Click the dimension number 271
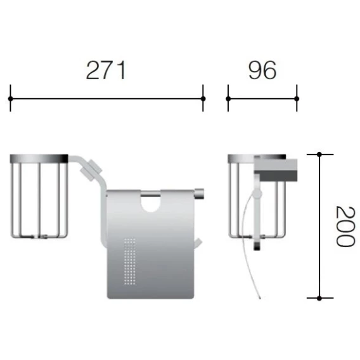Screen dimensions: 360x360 (x=106, y=70)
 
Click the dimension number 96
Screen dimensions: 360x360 (x=262, y=70)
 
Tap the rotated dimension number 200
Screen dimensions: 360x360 (x=345, y=226)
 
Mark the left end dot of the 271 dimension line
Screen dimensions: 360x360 (x=10, y=99)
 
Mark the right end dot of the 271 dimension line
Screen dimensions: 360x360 (x=203, y=99)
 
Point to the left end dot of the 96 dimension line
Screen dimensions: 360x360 (x=228, y=99)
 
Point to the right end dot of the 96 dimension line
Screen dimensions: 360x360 (x=297, y=99)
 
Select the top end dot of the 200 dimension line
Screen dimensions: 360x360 (x=319, y=155)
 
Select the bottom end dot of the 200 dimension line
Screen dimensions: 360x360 (x=319, y=299)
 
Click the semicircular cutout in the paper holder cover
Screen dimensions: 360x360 (x=150, y=204)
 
